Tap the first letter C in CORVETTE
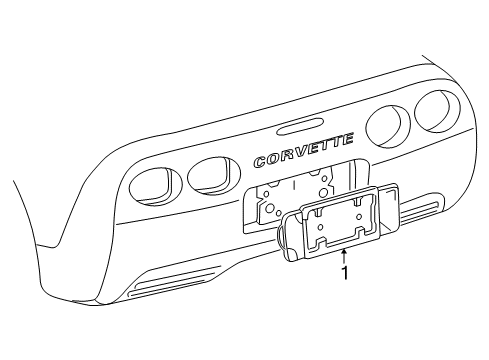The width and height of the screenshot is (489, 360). tap(262, 161)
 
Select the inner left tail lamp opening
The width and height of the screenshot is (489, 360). tap(208, 174)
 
